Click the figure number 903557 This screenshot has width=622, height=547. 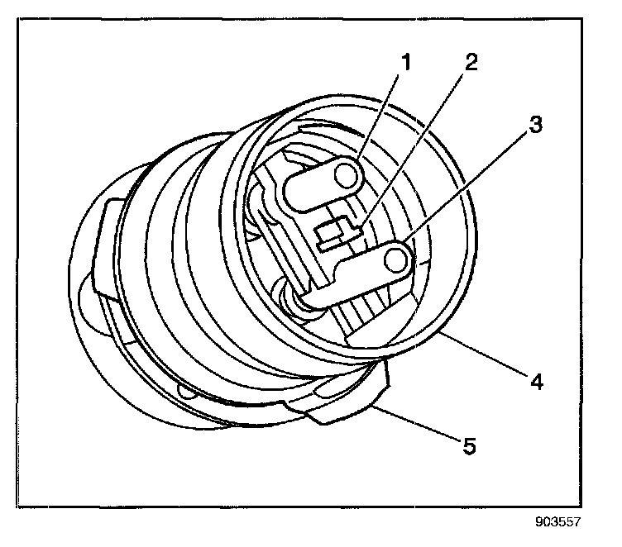point(558,521)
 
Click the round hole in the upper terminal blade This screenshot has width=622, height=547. point(347,175)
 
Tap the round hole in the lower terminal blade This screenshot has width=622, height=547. point(398,262)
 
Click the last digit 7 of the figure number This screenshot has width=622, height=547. point(578,521)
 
